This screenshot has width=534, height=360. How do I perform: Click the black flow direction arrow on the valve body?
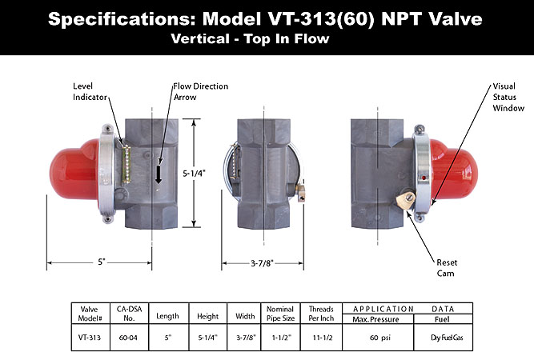[159, 174]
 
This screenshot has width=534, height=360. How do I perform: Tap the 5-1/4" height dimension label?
[194, 174]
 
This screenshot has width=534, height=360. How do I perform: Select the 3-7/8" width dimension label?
[263, 263]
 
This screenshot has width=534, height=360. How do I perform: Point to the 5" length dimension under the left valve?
[102, 262]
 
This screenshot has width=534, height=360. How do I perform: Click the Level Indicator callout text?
[90, 91]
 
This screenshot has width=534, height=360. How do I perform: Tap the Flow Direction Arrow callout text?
[201, 91]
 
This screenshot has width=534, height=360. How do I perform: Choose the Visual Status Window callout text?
[508, 97]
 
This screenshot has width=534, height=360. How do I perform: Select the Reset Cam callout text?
[447, 268]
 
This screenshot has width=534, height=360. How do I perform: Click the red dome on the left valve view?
[75, 169]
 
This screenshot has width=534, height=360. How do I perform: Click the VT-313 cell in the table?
[90, 338]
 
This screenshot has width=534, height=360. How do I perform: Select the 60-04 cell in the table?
[128, 338]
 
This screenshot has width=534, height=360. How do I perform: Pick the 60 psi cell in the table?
[380, 338]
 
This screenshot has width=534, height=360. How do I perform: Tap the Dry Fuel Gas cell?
[447, 338]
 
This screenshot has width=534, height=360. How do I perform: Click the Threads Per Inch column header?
[321, 314]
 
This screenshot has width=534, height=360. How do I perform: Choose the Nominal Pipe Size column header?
[280, 314]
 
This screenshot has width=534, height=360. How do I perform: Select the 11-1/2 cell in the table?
[323, 338]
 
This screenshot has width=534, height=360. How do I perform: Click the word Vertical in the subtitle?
[200, 38]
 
